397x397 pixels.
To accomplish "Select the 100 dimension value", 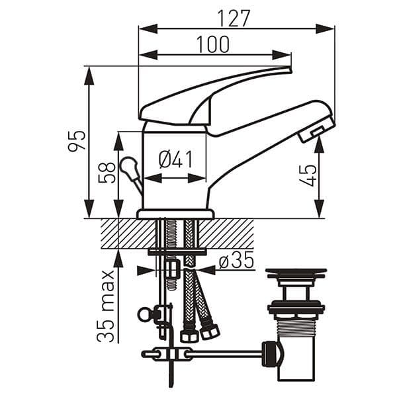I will point(213,44).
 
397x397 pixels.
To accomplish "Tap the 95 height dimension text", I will point(77,140).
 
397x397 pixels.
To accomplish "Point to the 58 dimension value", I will point(107,173).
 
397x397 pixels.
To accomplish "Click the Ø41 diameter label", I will point(175,159).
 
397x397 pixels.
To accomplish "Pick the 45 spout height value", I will point(308,175).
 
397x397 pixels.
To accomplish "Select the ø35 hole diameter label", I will point(236,261).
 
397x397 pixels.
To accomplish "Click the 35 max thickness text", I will point(107,306).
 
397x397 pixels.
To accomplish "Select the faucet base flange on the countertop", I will point(175,214).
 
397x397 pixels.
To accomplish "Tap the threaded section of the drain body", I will point(295,327).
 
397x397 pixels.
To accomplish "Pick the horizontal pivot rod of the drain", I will point(218,354).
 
